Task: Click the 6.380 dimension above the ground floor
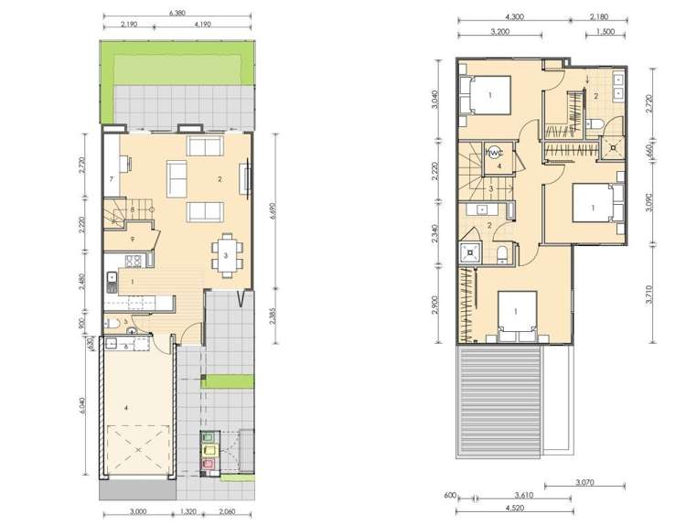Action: point(179,13)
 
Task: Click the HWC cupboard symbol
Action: point(495,154)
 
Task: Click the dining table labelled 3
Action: point(225,256)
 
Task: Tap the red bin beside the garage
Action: point(209,465)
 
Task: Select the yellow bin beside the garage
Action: point(209,451)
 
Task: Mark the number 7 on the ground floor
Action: point(110,179)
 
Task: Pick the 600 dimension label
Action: point(450,496)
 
